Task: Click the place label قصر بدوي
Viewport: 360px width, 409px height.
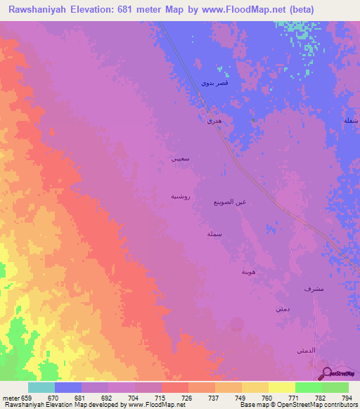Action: click(x=214, y=83)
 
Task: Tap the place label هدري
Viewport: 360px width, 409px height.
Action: click(x=214, y=122)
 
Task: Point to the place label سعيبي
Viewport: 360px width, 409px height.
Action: click(x=180, y=159)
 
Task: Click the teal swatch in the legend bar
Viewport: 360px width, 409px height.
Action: click(x=41, y=387)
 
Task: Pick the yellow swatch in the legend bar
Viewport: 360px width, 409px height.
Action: click(x=281, y=387)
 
